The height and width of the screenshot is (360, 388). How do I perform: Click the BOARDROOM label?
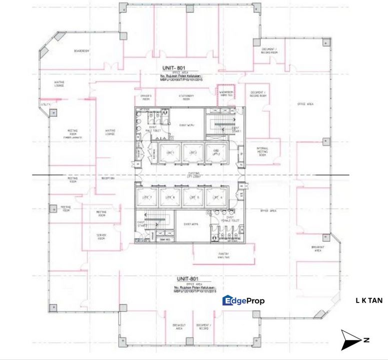(82, 51)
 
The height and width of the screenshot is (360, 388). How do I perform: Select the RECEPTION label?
(109, 178)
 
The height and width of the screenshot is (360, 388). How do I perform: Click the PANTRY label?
(224, 255)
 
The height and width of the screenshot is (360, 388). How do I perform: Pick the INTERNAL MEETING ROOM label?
(262, 151)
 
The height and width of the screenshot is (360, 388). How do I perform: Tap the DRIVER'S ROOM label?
(146, 97)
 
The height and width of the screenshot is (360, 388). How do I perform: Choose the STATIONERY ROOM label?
(186, 97)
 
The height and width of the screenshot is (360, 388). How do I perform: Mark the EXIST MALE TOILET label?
(152, 130)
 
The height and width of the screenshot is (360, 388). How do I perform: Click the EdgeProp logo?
(243, 300)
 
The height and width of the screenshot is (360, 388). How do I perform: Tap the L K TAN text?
(369, 300)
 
